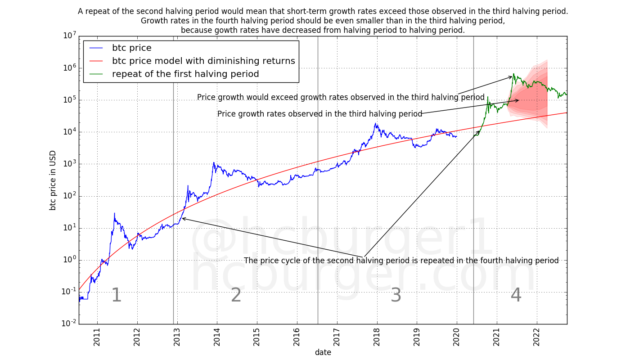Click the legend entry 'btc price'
[131, 48]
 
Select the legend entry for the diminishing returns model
[203, 61]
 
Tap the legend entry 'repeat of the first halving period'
[185, 74]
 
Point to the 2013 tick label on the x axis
[177, 337]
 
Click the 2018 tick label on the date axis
[377, 337]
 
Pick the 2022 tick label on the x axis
[536, 337]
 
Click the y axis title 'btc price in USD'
[53, 180]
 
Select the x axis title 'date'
[323, 352]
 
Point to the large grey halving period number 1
[116, 296]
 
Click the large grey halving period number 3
[396, 296]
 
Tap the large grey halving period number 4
[516, 296]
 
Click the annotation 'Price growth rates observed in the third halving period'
[319, 114]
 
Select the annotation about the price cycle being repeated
[401, 261]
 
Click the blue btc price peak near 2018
[376, 123]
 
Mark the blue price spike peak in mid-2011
[114, 213]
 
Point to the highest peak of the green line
[514, 74]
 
